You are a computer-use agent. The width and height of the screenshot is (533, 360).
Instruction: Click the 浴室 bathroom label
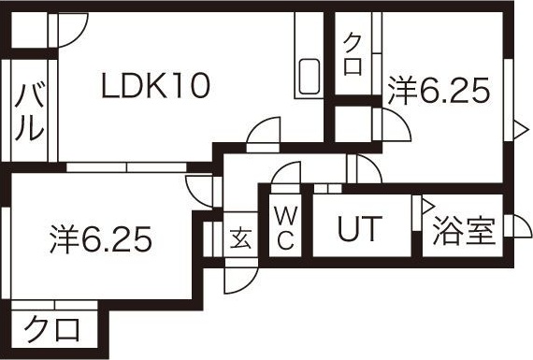tap(464, 231)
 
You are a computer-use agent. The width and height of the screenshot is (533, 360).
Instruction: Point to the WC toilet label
tap(285, 226)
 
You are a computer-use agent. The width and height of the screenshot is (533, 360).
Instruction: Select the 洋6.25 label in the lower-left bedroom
tap(100, 240)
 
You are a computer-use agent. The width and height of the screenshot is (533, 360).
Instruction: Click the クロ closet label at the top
tap(353, 54)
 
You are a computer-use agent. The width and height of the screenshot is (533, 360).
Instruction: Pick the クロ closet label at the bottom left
tap(51, 329)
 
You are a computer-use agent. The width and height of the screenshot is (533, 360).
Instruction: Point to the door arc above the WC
tap(286, 176)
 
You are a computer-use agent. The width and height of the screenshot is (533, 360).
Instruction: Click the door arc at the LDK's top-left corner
tap(71, 33)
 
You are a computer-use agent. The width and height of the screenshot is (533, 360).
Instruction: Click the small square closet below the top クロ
tap(353, 122)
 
